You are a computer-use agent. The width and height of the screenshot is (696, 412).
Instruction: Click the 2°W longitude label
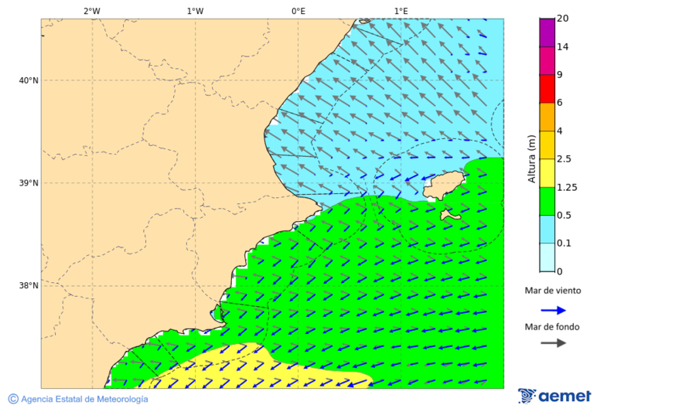[x=91, y=11]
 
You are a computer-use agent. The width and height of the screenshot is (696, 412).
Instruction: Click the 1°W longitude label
[x=195, y=11]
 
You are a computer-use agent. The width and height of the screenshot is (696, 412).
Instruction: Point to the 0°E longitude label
[x=298, y=11]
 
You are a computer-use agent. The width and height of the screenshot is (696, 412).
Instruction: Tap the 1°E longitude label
[x=401, y=11]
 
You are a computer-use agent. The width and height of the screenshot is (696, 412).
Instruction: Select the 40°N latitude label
[x=29, y=80]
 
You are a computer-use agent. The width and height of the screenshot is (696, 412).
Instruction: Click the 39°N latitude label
[x=29, y=183]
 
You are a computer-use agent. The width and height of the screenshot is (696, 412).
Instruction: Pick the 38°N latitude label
[x=29, y=286]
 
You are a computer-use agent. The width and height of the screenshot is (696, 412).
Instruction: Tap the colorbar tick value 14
[x=562, y=47]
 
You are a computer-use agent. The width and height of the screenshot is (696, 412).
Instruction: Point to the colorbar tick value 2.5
[x=565, y=159]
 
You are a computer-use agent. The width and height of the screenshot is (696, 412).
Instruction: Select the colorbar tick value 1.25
[x=567, y=187]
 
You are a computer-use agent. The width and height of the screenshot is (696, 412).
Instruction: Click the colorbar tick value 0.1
[x=565, y=243]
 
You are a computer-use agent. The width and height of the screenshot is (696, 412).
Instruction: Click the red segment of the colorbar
[x=547, y=89]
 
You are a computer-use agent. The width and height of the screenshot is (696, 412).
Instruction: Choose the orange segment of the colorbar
[x=547, y=117]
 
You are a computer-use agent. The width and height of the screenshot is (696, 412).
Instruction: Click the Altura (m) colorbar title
[x=531, y=158]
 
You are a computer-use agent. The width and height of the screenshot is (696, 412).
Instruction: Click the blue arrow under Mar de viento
[x=553, y=310]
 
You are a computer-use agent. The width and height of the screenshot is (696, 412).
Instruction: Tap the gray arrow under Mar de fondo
[x=553, y=343]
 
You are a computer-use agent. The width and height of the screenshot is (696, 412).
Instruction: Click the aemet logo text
[x=564, y=397]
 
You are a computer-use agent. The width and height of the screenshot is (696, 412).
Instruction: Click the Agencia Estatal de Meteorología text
[x=84, y=399]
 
